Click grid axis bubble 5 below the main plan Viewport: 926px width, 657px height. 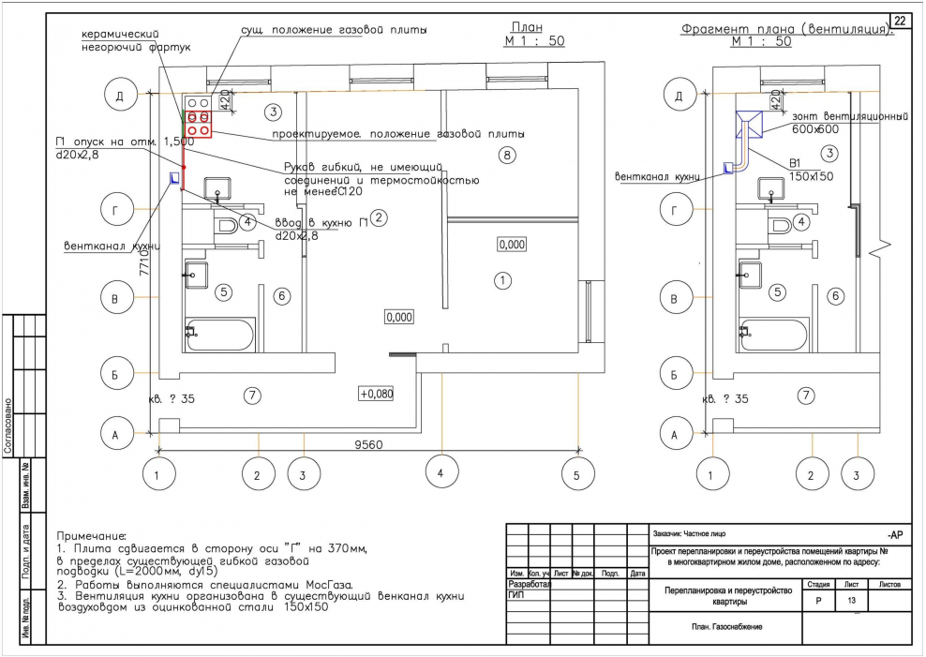tap(577, 475)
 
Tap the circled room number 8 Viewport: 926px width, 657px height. tap(506, 155)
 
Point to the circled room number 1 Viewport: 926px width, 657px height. tap(502, 280)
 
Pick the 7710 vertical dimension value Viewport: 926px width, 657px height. tap(145, 273)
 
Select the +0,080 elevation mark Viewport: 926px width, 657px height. tap(376, 394)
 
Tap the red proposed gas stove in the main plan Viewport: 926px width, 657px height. tap(199, 124)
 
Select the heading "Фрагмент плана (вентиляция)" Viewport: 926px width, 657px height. tap(785, 29)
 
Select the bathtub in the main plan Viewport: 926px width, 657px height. tap(221, 335)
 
